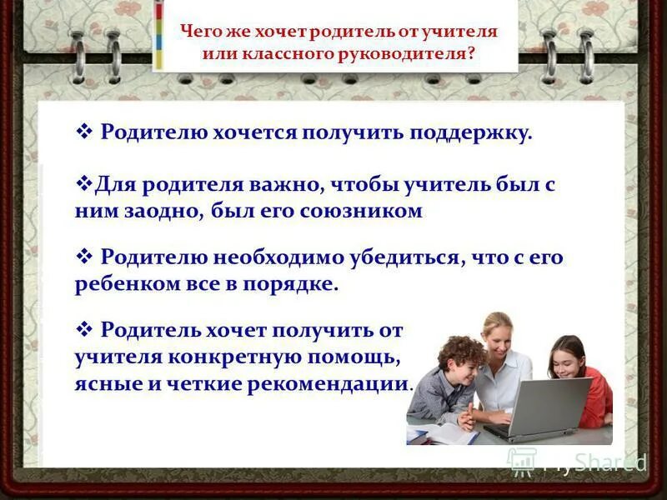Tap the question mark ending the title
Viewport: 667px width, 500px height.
(x=472, y=53)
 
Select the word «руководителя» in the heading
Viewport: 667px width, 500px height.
(x=414, y=53)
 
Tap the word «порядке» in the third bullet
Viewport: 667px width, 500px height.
(x=295, y=283)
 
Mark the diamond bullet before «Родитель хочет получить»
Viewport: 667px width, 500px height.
(x=83, y=329)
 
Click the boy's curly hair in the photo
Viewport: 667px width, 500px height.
(x=459, y=350)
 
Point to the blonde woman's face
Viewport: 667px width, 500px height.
(x=498, y=337)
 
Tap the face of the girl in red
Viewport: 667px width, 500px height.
(x=569, y=358)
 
